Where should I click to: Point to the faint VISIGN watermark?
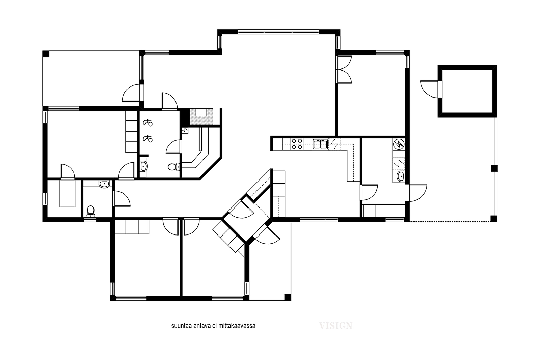336,326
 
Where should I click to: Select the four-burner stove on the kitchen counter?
297,144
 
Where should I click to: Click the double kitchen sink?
320,144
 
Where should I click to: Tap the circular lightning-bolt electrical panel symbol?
399,144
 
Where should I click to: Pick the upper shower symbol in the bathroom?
148,123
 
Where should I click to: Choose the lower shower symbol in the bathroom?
148,139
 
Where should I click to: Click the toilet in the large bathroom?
173,167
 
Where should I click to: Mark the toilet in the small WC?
91,211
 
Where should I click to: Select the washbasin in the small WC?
104,184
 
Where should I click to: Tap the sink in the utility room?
400,177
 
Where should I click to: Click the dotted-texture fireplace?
201,117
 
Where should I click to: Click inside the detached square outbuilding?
467,91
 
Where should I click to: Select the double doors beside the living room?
344,70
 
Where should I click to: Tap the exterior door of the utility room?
416,193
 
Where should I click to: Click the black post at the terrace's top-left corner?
46,54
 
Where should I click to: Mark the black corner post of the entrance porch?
288,297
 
